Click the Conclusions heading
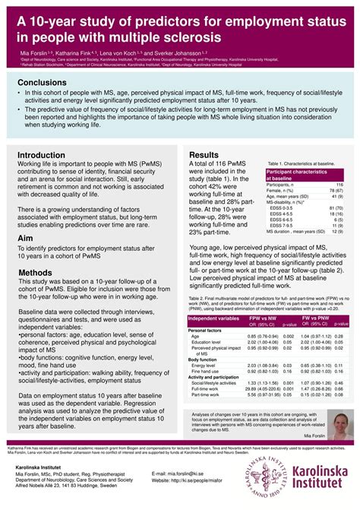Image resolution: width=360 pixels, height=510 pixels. pyautogui.click(x=46, y=82)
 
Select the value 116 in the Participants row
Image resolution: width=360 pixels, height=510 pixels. pyautogui.click(x=339, y=184)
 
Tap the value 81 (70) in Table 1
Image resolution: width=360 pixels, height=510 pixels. pyautogui.click(x=335, y=207)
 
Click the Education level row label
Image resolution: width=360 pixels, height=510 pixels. pyautogui.click(x=206, y=343)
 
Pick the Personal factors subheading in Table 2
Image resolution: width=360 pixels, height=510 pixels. pyautogui.click(x=204, y=331)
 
